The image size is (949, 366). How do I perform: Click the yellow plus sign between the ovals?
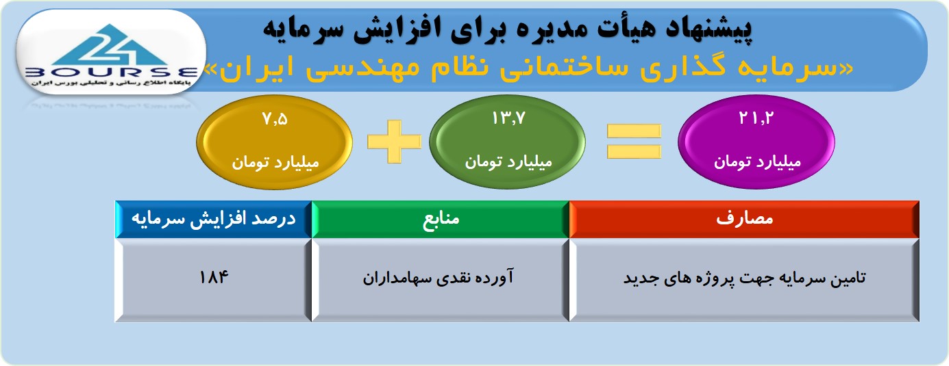(395, 142)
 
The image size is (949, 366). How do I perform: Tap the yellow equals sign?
(634, 142)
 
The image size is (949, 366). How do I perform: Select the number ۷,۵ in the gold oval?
(275, 119)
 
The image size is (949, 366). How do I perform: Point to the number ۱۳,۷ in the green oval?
(508, 118)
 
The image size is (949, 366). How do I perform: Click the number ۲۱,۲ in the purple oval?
(756, 118)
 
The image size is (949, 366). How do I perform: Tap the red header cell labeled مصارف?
(744, 219)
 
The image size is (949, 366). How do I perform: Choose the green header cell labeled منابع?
(441, 219)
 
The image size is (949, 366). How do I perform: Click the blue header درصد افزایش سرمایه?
(214, 219)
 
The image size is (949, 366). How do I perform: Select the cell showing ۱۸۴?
(214, 280)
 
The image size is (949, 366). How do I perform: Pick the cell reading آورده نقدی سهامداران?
(441, 280)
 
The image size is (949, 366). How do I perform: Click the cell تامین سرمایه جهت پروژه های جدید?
(744, 280)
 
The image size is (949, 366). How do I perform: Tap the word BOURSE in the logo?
(112, 73)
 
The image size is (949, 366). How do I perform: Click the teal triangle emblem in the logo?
(110, 44)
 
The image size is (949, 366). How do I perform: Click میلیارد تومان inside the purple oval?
(757, 161)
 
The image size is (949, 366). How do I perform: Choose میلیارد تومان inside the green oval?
(508, 161)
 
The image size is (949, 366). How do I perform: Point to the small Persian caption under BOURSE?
(111, 83)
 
